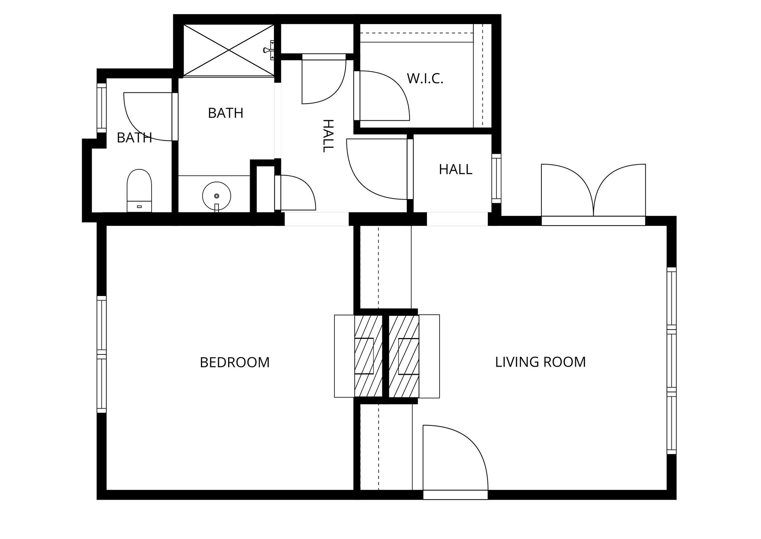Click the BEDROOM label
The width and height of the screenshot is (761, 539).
[x=234, y=363]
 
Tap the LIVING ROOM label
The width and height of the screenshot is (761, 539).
[x=540, y=362]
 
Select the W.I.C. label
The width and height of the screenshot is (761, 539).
[x=425, y=79]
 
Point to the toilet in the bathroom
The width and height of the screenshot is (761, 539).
[x=139, y=191]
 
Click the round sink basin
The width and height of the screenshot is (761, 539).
[x=217, y=196]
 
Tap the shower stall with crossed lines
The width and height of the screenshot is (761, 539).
[x=229, y=50]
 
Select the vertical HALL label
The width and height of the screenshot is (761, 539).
[x=328, y=136]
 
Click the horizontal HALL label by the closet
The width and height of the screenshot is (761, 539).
[x=456, y=170]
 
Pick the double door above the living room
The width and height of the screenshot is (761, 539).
[x=593, y=194]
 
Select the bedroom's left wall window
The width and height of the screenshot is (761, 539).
[x=102, y=354]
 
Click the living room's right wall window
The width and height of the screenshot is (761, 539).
[x=671, y=360]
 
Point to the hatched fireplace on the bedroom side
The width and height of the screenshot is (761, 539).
[x=369, y=356]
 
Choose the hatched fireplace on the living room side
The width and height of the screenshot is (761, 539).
[x=404, y=356]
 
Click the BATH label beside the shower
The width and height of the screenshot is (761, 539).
[x=226, y=113]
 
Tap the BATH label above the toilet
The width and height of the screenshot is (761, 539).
[x=135, y=138]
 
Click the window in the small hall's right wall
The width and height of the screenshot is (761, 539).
[x=496, y=179]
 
